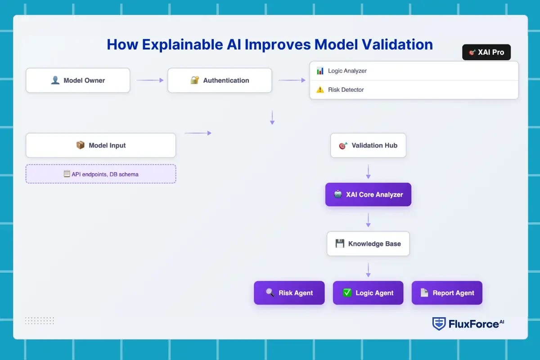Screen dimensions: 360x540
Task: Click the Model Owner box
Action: [x=78, y=81]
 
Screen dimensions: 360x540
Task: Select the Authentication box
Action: [x=220, y=81]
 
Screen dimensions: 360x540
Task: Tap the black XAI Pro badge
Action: [x=486, y=52]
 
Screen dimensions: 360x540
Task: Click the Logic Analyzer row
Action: [x=414, y=71]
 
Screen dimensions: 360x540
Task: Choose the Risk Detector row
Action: [x=414, y=90]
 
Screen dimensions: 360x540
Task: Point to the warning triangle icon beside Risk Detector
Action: [x=320, y=90]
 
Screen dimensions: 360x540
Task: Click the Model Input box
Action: [x=101, y=145]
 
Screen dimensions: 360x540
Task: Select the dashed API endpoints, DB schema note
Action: [x=101, y=174]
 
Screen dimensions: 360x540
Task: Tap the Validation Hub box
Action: [x=368, y=145]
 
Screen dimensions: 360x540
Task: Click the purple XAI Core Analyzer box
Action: [x=368, y=195]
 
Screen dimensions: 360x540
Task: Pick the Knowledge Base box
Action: [x=368, y=244]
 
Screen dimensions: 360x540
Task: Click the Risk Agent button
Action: [x=289, y=293]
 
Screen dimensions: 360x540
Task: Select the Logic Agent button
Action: [x=368, y=293]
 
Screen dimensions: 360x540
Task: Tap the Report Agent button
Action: [x=447, y=293]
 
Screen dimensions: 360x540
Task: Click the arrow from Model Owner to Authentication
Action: [x=150, y=81]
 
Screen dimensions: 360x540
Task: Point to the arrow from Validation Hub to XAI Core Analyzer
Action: [x=368, y=171]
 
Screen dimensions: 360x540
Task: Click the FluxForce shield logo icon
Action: [x=439, y=324]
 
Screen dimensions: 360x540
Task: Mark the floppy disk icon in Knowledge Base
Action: [x=340, y=243]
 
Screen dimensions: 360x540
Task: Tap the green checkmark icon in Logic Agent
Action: [x=347, y=292]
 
